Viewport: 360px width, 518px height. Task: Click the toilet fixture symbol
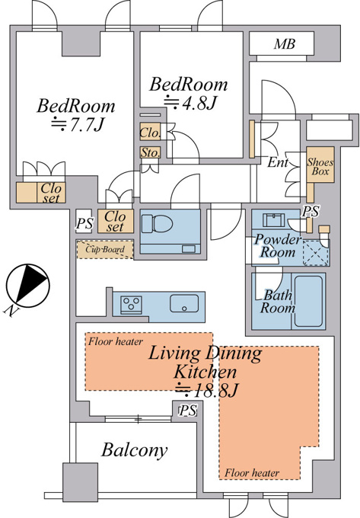tap(158, 224)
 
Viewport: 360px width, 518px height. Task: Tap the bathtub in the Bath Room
tap(308, 301)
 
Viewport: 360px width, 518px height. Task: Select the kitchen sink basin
tap(184, 303)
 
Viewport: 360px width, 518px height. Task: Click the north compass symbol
tap(27, 286)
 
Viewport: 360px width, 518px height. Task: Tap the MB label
tap(285, 44)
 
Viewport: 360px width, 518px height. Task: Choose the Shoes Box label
tap(320, 167)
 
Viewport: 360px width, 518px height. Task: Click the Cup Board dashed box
tap(105, 249)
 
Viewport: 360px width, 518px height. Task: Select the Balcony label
tap(134, 450)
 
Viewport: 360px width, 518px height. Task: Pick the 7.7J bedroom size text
tap(78, 125)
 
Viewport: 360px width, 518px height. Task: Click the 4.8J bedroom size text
tap(190, 103)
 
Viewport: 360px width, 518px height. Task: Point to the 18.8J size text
tap(206, 391)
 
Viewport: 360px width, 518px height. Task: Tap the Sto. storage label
tap(150, 152)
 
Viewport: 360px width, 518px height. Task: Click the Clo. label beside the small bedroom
tap(150, 133)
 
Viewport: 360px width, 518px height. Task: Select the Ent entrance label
tap(278, 162)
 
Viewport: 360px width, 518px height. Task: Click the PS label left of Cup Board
tap(84, 223)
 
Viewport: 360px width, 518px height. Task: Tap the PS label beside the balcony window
tap(188, 411)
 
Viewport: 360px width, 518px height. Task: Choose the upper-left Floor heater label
tap(116, 341)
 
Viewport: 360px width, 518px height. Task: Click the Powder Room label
tap(278, 245)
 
